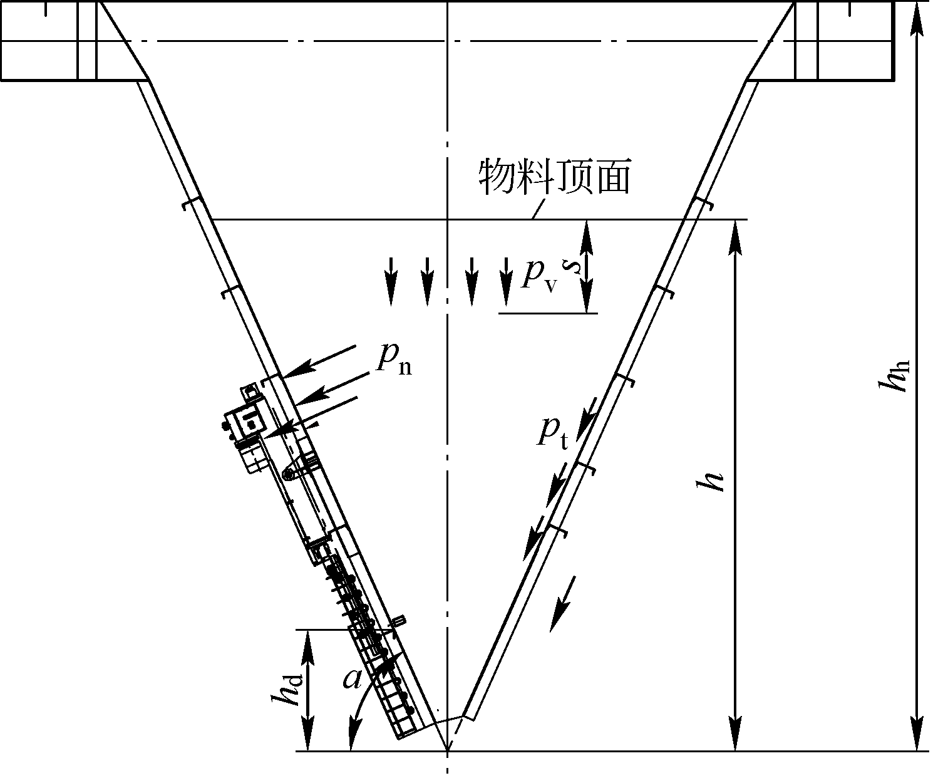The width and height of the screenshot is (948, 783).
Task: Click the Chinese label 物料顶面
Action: pos(554,177)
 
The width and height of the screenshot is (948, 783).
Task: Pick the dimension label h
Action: pos(712,481)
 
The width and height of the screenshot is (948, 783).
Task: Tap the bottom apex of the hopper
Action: pos(448,750)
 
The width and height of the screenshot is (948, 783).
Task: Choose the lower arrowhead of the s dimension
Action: pos(586,301)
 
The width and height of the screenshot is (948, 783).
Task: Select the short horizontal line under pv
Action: pos(548,312)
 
